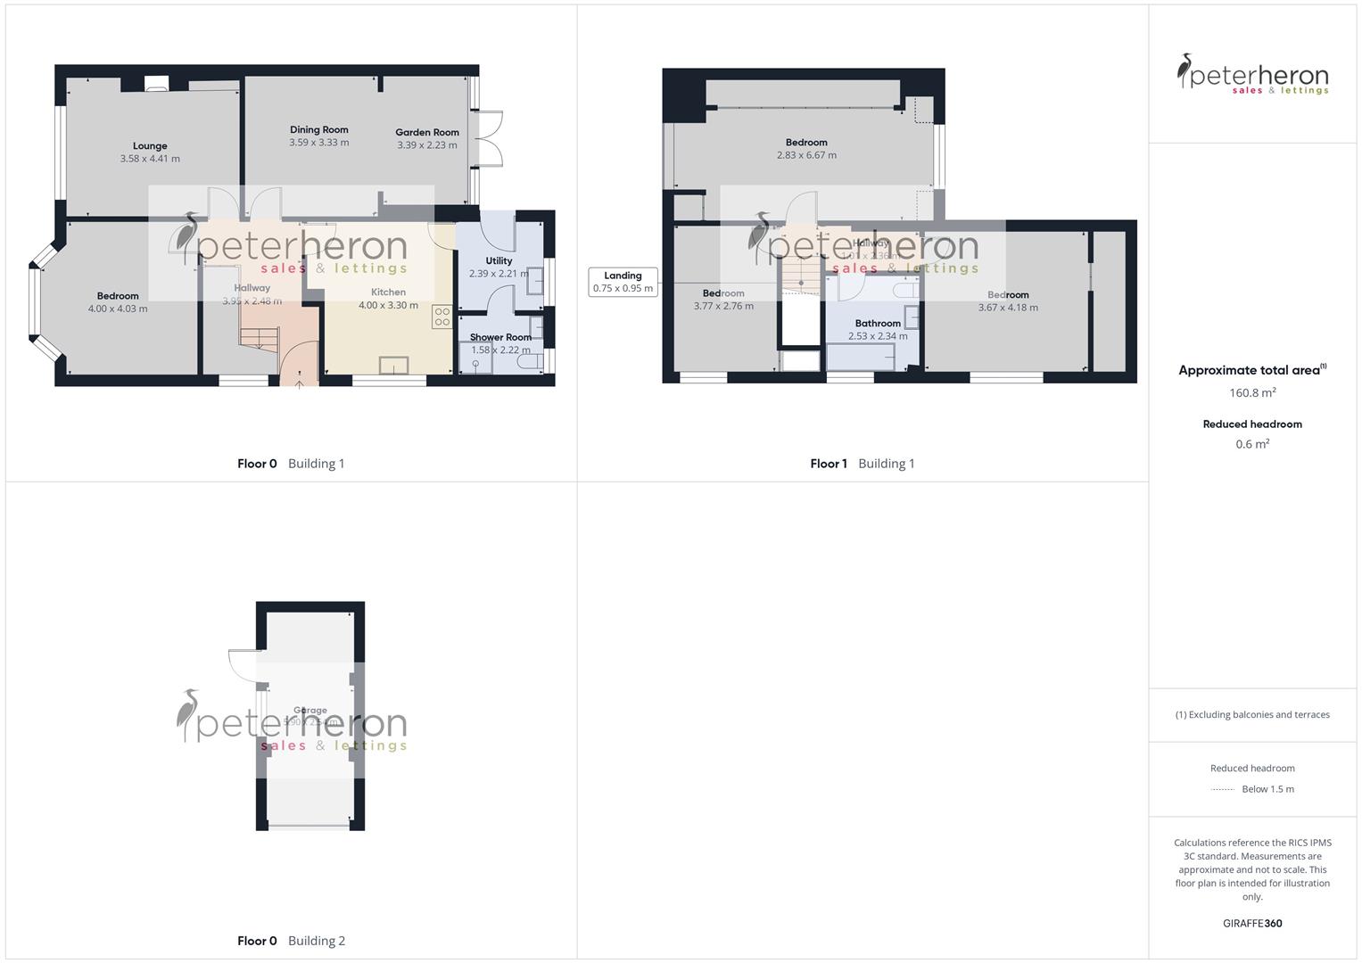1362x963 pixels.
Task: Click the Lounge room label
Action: coord(150,146)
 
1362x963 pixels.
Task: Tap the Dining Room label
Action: coord(318,130)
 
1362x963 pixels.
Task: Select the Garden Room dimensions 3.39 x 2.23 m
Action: coord(427,145)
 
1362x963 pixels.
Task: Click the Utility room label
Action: coord(499,261)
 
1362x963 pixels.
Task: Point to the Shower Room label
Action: coord(500,337)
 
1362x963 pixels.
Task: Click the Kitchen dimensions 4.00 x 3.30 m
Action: coord(388,305)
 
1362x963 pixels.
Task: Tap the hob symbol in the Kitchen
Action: coord(442,317)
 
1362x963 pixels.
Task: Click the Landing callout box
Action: coord(623,282)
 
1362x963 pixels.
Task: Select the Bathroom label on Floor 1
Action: coord(878,324)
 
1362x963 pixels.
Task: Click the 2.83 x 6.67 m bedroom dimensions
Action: coord(806,155)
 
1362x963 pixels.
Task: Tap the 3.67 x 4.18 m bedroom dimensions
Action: coord(1008,308)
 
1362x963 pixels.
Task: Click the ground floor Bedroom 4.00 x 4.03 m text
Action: coord(118,309)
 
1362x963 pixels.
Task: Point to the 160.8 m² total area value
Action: coord(1252,392)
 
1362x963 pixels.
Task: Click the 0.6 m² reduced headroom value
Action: coord(1252,444)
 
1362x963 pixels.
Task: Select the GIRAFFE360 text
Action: coord(1252,923)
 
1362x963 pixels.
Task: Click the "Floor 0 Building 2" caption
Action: coord(291,941)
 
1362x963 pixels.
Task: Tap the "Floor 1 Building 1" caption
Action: coord(862,464)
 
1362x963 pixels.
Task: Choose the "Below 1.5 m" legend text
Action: coord(1267,789)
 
